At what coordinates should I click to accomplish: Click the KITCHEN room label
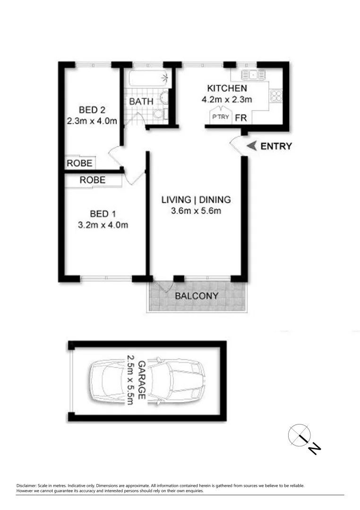227,88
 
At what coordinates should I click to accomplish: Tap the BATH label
141,102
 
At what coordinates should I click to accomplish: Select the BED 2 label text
92,110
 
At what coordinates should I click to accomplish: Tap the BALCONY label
197,296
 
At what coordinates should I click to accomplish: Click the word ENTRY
276,146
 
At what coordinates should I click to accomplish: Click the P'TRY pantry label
221,118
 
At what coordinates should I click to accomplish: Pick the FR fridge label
241,118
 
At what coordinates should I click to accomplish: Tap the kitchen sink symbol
253,74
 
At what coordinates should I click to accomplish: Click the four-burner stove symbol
275,96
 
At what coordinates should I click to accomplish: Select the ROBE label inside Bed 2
79,163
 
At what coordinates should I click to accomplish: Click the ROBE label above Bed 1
92,180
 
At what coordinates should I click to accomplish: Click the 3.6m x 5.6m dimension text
196,211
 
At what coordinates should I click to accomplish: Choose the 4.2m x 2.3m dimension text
227,100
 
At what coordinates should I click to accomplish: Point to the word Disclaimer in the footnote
27,485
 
